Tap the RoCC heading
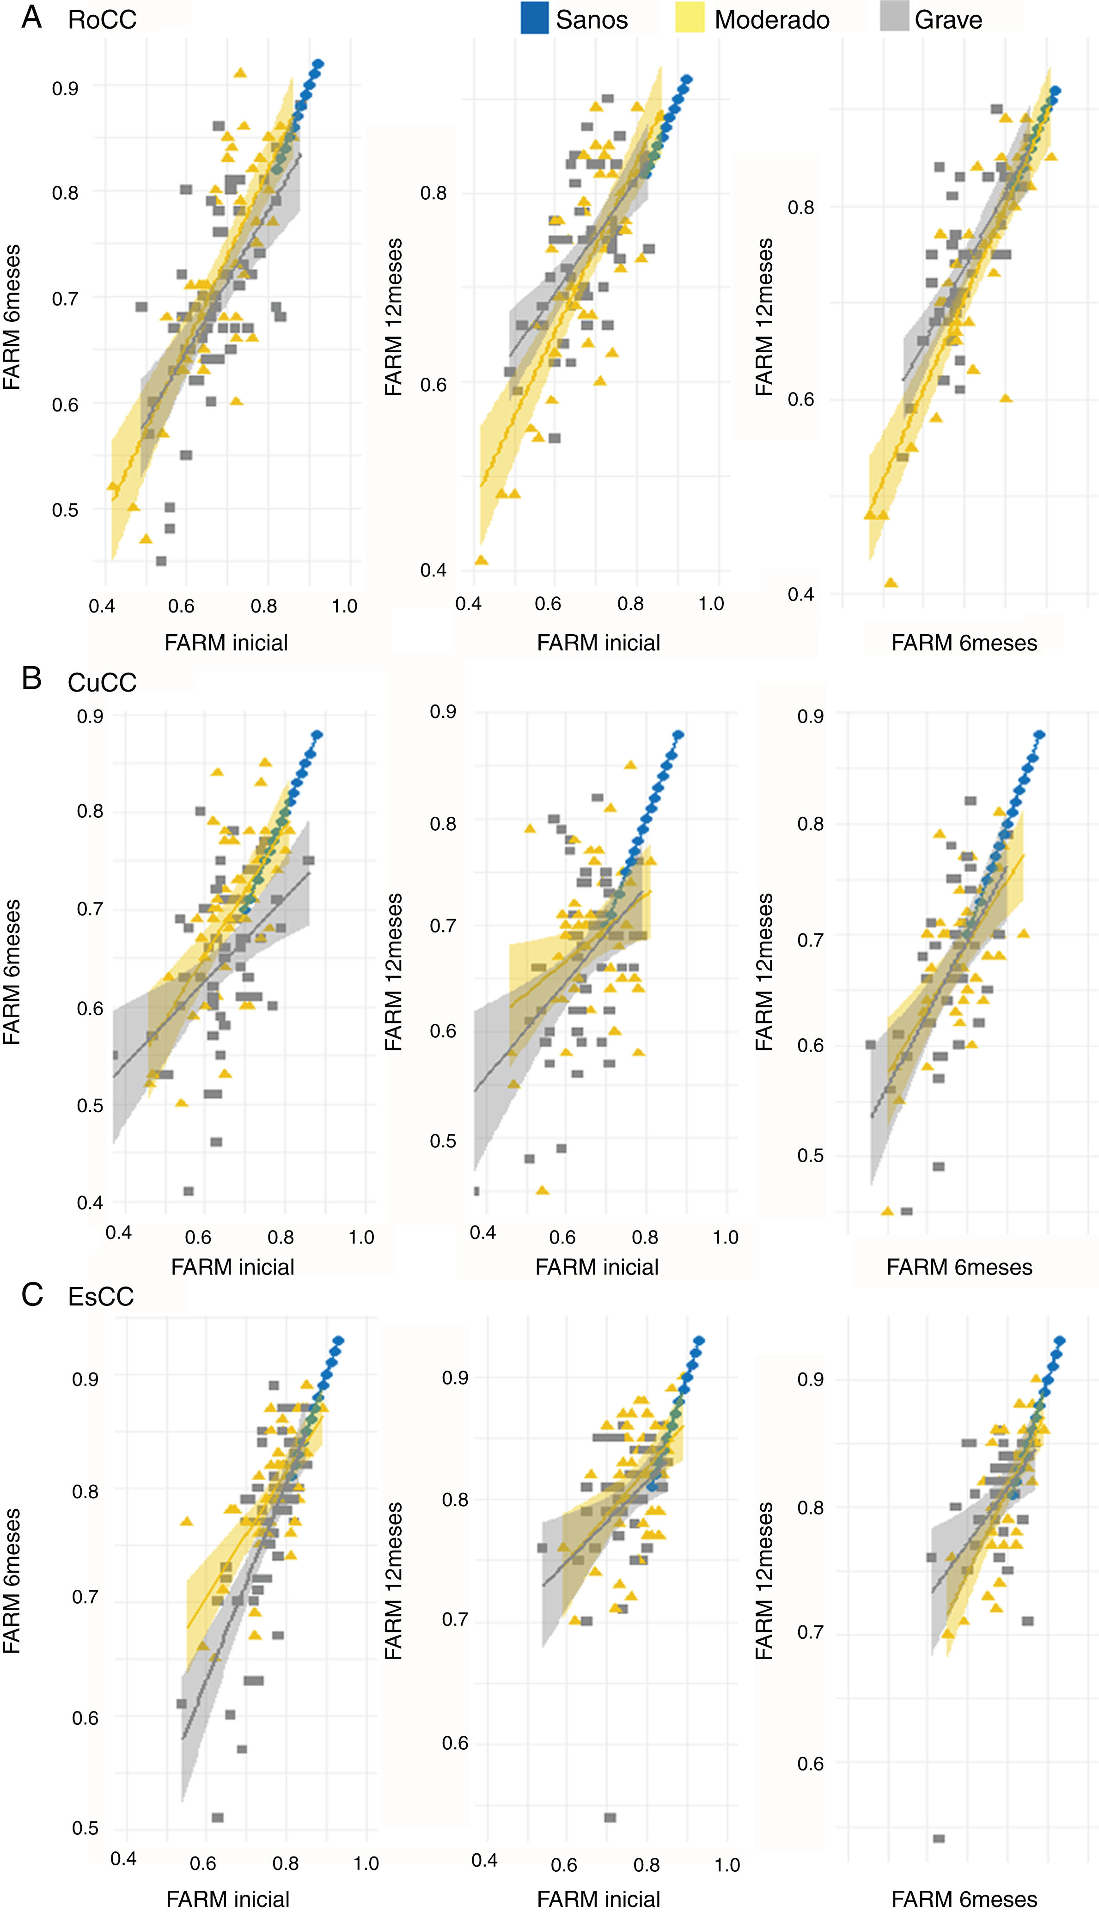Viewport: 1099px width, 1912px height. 102,19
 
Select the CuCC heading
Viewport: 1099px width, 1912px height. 102,682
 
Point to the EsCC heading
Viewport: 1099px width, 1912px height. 100,1296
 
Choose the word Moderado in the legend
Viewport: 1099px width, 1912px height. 771,19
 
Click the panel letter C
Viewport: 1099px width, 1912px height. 32,1294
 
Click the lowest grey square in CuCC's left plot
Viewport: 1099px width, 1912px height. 189,1191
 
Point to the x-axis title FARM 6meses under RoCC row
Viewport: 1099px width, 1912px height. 964,643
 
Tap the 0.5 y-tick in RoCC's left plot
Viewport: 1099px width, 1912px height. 65,510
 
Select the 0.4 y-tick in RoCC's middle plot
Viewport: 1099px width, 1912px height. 433,570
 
